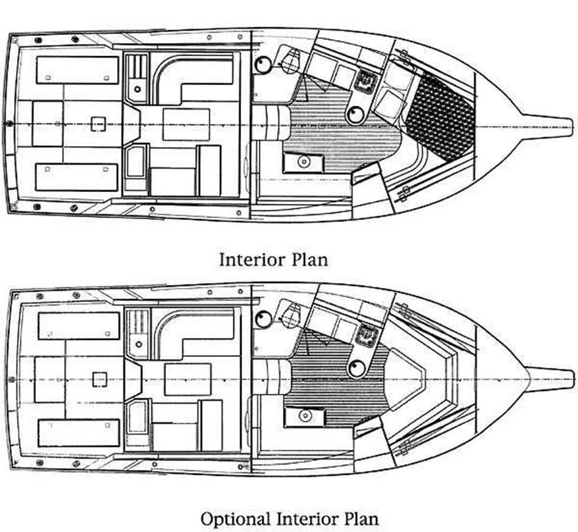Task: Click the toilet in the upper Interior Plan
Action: [290, 61]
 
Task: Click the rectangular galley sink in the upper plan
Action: [303, 161]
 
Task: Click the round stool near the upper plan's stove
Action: [356, 115]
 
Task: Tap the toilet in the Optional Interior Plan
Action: [290, 314]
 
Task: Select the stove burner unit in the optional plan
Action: [366, 336]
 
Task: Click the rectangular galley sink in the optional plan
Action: [304, 416]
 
